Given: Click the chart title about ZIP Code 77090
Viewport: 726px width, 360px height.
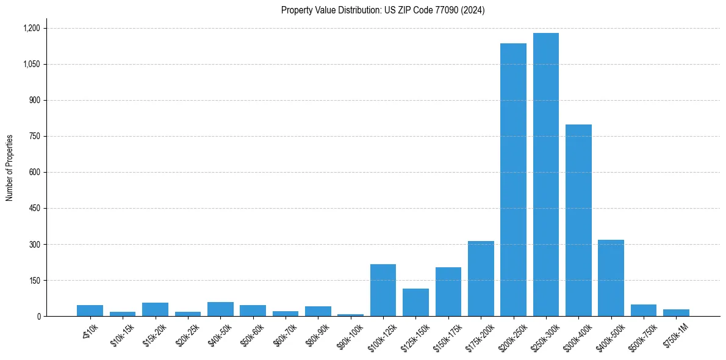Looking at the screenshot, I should coord(383,10).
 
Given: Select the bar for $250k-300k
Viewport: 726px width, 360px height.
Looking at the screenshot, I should coord(545,175).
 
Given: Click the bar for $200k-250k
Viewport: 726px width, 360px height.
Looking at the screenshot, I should coord(513,180).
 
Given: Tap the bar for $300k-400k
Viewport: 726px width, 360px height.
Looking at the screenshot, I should coord(578,220).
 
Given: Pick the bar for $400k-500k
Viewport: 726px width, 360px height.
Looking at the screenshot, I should coord(611,278).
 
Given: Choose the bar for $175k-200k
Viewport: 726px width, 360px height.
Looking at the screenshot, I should coord(481,278).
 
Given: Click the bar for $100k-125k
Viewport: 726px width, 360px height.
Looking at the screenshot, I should coord(383,290).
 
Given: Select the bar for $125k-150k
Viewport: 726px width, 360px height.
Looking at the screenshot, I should coord(415,302).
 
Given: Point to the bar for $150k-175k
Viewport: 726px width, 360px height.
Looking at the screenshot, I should coord(448,292).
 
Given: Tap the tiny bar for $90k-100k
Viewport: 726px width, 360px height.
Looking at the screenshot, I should coord(350,315).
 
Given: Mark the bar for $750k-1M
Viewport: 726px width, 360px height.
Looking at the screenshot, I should coord(676,312).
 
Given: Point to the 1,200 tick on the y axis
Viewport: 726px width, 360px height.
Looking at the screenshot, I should coord(31,28).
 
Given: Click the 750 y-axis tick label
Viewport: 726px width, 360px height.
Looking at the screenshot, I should coord(34,136).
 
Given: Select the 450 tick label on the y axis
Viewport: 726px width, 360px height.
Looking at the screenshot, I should coord(34,208).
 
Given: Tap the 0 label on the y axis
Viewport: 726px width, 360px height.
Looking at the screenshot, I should coord(38,316).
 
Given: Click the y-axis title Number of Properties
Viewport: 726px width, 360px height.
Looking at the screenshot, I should coord(10,168).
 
